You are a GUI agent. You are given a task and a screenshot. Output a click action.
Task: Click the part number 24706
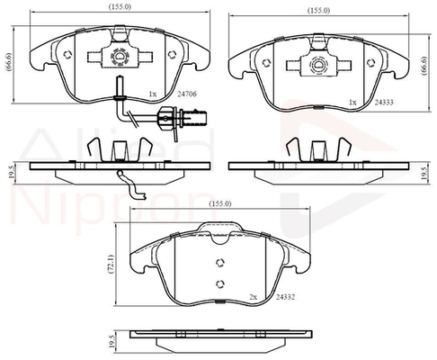(187, 94)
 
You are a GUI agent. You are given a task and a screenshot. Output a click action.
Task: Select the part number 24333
(384, 103)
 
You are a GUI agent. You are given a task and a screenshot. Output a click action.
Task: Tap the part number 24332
(285, 297)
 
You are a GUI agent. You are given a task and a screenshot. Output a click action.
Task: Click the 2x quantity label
(254, 297)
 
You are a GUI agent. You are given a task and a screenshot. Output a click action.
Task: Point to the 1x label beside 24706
(153, 94)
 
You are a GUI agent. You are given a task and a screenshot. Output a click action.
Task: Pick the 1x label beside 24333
(352, 103)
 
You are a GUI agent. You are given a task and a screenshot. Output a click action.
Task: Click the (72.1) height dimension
(111, 265)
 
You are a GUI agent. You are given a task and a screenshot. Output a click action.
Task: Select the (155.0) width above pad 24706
(120, 7)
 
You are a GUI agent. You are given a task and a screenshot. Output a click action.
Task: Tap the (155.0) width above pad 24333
(319, 11)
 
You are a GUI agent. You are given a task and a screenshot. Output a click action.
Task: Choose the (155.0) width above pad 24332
(220, 203)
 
